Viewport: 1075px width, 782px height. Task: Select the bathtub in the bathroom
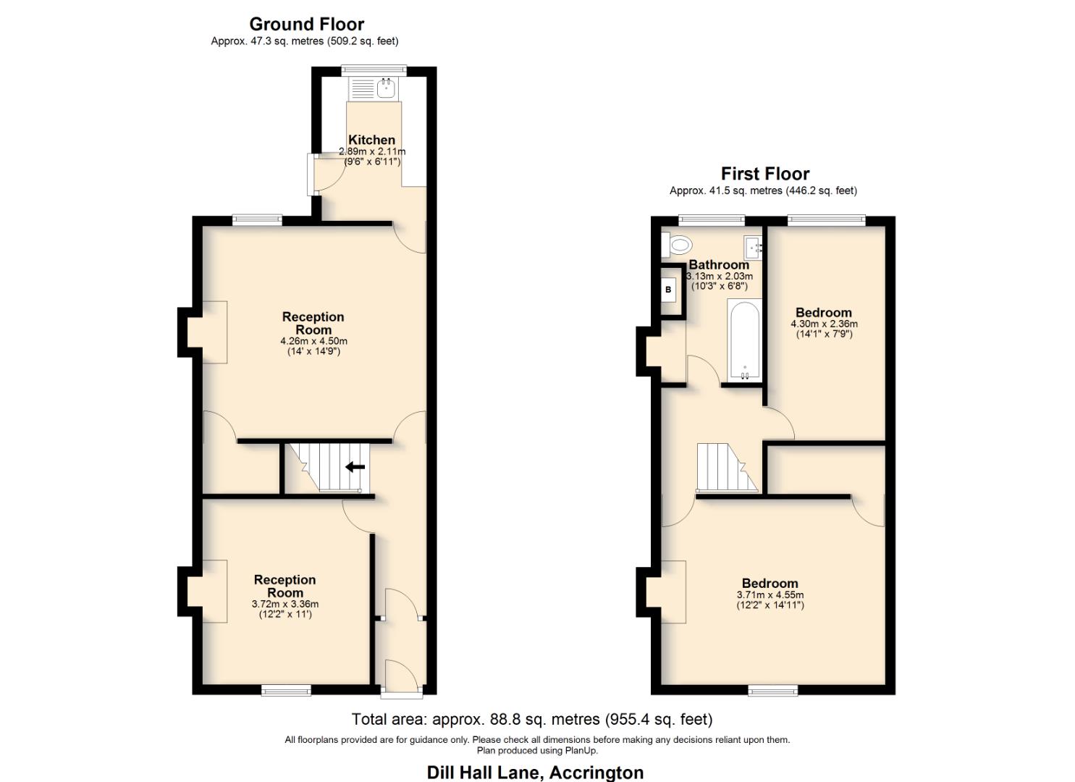tap(743, 340)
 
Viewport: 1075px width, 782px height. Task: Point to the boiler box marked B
tap(668, 290)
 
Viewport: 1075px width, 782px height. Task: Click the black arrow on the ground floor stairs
tap(355, 467)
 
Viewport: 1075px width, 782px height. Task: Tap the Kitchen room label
tap(371, 140)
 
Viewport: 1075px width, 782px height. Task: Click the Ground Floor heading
tap(306, 24)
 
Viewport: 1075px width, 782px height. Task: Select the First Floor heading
tap(764, 174)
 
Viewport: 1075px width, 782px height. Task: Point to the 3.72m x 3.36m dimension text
tap(284, 604)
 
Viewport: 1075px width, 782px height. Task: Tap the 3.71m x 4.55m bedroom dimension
tap(770, 595)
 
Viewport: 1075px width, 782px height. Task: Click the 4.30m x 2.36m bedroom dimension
tap(823, 324)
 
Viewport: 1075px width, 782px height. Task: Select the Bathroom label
tap(718, 264)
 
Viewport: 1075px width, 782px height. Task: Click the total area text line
tap(531, 720)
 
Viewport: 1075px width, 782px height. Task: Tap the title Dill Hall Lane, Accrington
tap(535, 773)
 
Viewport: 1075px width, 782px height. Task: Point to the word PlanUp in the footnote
tap(580, 751)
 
